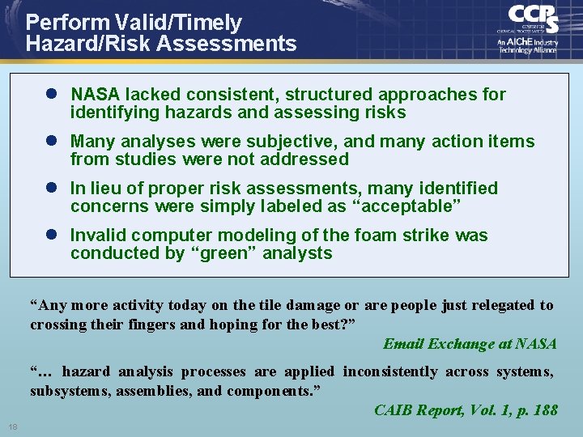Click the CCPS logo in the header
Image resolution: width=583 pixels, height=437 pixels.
click(533, 19)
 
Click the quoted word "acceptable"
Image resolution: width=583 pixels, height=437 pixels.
click(407, 206)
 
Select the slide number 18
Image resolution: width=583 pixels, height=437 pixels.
click(13, 426)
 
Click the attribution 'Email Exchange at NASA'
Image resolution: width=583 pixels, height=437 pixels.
click(470, 344)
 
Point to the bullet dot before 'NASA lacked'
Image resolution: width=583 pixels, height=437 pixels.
click(50, 95)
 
